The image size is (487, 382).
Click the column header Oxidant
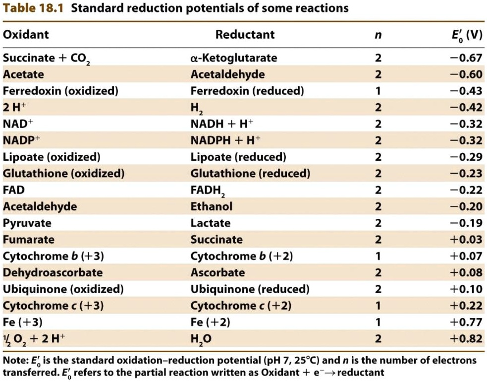point(26,34)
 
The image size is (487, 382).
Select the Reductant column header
point(245,34)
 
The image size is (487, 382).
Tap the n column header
point(378,35)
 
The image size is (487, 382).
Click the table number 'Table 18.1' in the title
point(33,8)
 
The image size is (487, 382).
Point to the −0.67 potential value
point(466,58)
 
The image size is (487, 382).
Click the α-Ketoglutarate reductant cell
point(233,58)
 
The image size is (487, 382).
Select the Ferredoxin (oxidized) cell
point(60,91)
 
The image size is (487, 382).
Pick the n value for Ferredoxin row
point(378,91)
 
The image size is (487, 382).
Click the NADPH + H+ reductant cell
point(225,140)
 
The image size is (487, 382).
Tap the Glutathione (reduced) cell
point(250,173)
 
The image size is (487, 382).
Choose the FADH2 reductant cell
point(208,191)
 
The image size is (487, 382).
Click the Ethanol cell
point(211,206)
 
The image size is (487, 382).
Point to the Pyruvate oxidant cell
point(27,223)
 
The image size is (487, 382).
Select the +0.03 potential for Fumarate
point(466,240)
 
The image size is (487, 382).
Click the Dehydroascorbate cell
point(53,272)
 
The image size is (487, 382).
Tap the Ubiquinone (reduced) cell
point(250,289)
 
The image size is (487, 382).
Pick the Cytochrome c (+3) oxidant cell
point(53,306)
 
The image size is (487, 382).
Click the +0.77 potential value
point(466,322)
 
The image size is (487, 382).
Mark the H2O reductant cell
point(201,339)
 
